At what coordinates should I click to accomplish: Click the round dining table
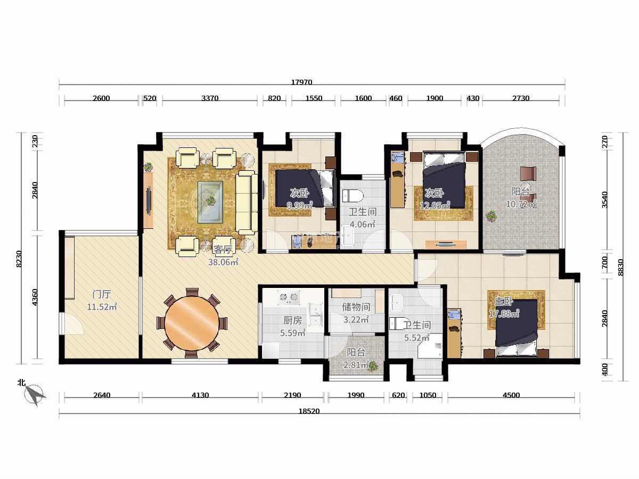[192, 323]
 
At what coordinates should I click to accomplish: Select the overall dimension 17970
[301, 82]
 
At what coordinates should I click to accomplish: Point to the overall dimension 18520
[309, 411]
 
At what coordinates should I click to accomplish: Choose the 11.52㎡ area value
[102, 307]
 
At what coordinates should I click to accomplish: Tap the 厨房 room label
[292, 320]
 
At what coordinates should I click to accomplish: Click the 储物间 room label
[356, 307]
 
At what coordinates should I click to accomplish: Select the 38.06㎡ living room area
[223, 262]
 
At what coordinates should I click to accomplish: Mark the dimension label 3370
[210, 98]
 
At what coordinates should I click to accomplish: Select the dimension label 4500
[511, 395]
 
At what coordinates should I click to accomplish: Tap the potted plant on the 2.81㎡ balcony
[372, 366]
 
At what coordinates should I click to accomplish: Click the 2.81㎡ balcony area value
[356, 365]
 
